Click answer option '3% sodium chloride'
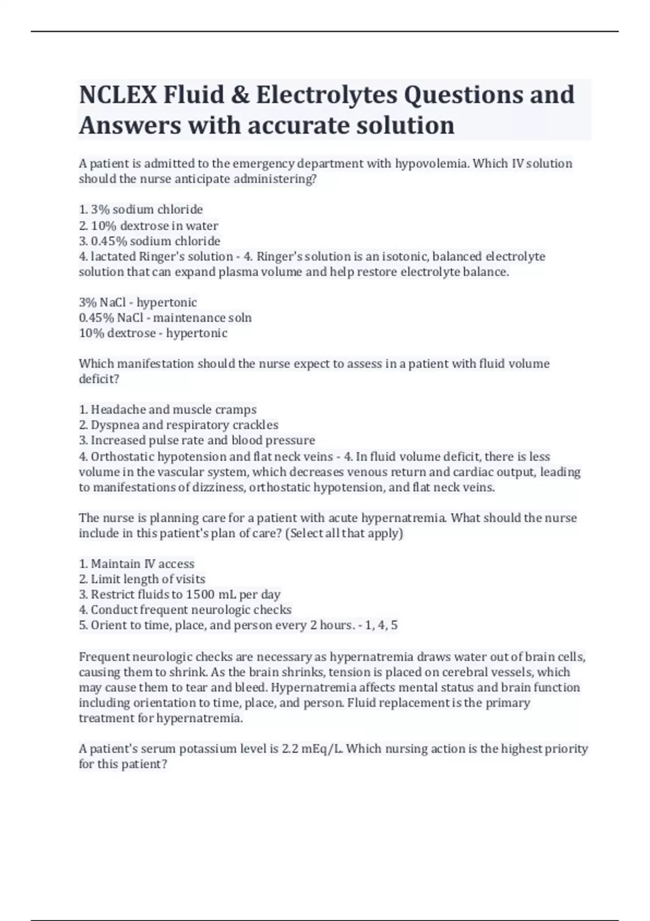(x=141, y=210)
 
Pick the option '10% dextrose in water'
(x=148, y=225)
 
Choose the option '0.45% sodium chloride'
(x=149, y=241)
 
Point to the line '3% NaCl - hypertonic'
(x=138, y=302)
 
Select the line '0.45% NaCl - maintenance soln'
(x=165, y=317)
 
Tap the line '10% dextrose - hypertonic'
(x=153, y=333)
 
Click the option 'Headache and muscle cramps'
(x=167, y=410)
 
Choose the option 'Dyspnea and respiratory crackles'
(x=178, y=425)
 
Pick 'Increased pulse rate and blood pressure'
(x=197, y=440)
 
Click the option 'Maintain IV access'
(x=136, y=564)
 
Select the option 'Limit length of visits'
(x=142, y=579)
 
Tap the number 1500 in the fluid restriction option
(x=200, y=594)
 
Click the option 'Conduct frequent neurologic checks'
(x=185, y=609)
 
